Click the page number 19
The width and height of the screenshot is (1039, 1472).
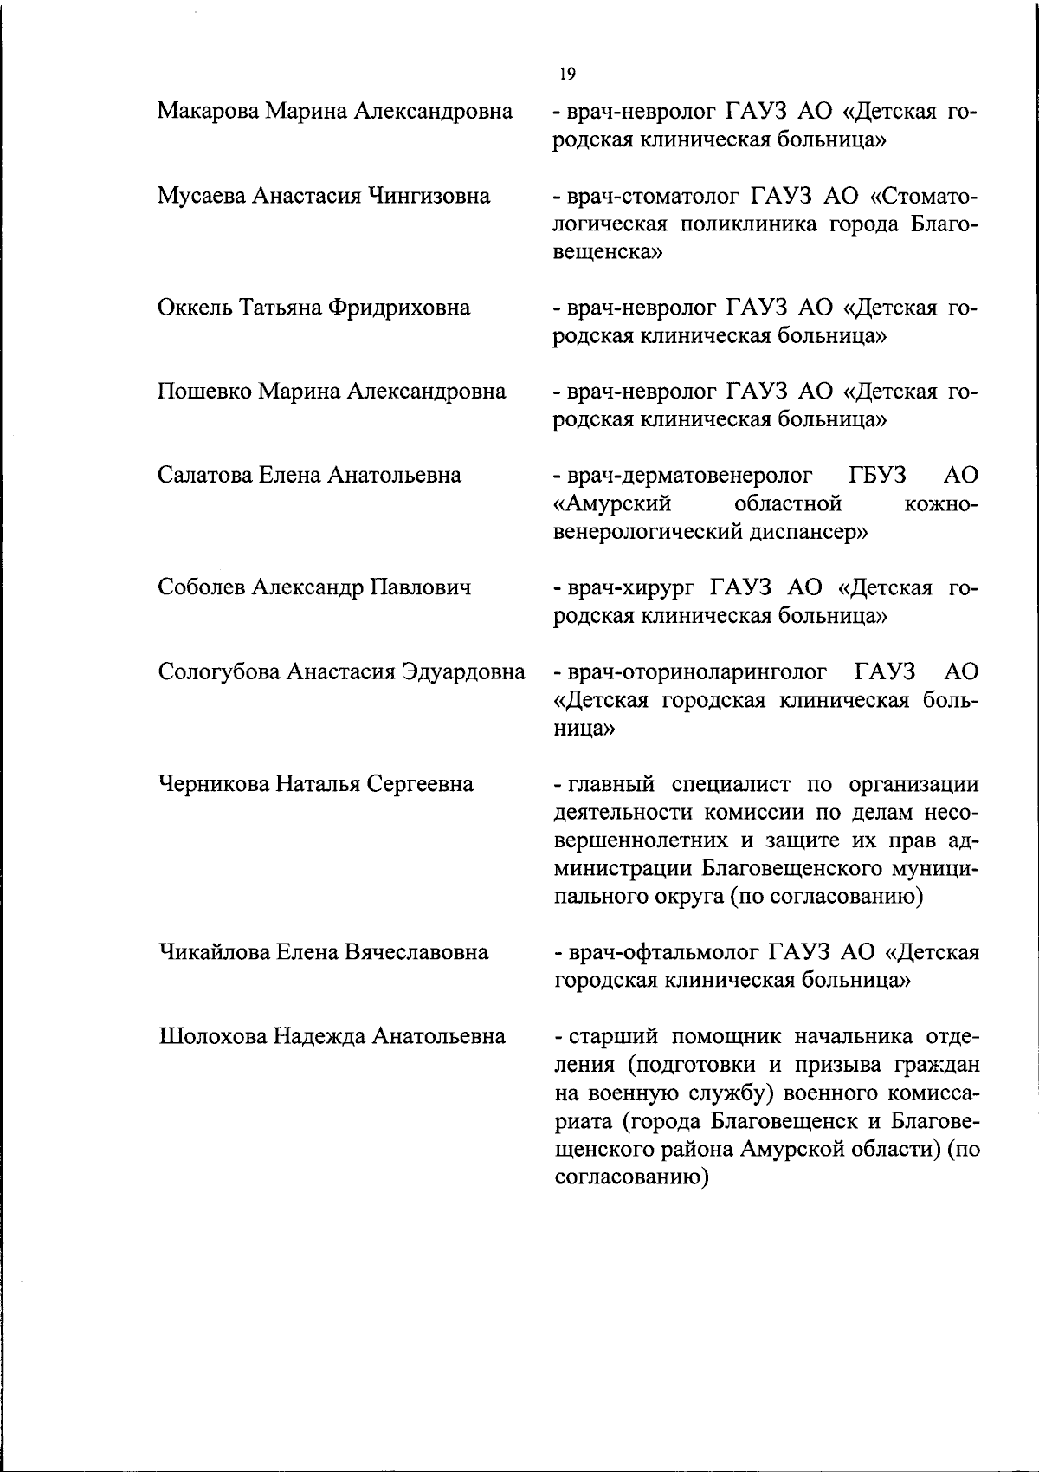(x=567, y=74)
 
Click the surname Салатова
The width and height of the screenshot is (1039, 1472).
(x=201, y=476)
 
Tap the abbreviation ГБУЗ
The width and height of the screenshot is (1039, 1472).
(x=874, y=476)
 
